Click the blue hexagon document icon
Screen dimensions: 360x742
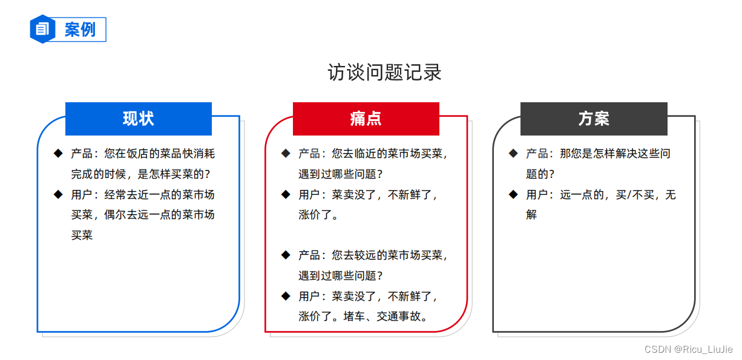click(42, 29)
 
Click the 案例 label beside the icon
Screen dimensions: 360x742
click(80, 30)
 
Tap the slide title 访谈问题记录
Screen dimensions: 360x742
click(384, 73)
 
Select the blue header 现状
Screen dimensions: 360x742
click(139, 119)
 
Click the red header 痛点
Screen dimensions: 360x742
click(366, 119)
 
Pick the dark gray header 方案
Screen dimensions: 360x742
click(594, 119)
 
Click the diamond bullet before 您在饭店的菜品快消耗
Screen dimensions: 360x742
click(58, 154)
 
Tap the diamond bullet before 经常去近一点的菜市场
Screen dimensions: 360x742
click(58, 194)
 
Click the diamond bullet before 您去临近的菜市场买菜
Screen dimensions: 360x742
click(286, 154)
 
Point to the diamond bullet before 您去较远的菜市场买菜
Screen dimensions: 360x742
click(286, 255)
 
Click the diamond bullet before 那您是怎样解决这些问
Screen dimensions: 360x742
click(513, 154)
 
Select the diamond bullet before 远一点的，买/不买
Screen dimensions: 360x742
click(513, 194)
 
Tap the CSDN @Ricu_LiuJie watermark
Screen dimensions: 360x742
click(688, 350)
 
